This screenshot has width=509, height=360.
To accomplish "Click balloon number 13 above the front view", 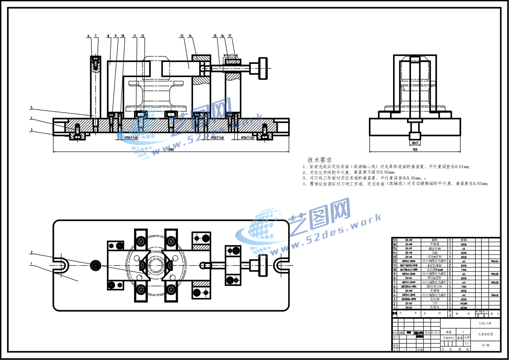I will click(x=182, y=36).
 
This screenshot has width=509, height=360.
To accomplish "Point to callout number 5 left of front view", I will click(x=31, y=108).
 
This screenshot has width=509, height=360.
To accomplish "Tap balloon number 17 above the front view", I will click(x=230, y=36).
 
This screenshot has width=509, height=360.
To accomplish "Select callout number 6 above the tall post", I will click(x=88, y=36).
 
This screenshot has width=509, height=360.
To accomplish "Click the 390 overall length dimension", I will click(x=171, y=149).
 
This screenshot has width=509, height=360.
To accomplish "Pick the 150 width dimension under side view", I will click(x=414, y=149).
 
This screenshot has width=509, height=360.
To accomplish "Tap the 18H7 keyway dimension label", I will click(x=415, y=143).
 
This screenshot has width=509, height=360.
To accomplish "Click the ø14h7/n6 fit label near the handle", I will click(x=231, y=55).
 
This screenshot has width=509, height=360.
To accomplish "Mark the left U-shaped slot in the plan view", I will click(x=62, y=265).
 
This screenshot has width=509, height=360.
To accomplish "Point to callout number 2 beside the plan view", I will click(x=31, y=252).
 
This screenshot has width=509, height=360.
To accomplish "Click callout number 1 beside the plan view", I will click(x=31, y=263).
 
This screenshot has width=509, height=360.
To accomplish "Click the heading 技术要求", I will click(x=319, y=160).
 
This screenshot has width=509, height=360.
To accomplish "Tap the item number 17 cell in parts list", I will click(x=395, y=240).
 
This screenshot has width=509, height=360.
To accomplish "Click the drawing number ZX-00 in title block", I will click(x=485, y=345).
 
